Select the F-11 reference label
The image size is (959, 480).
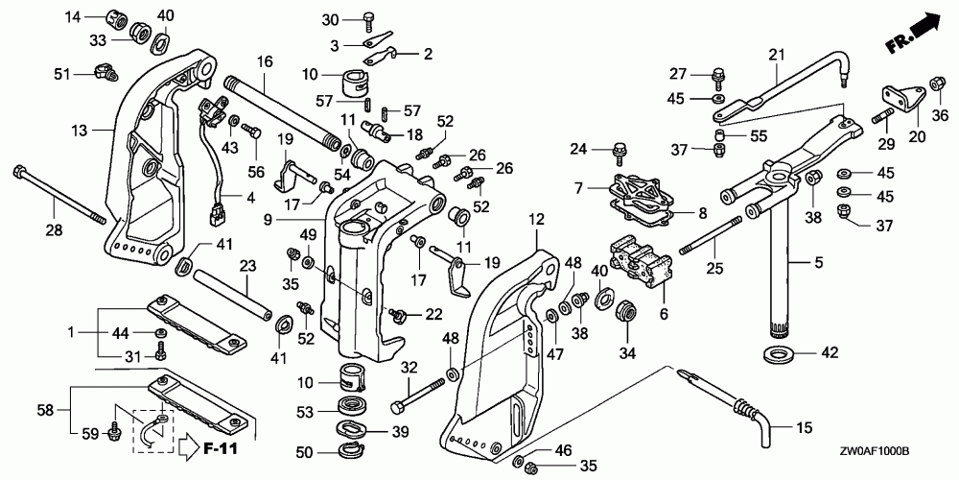(x=220, y=448)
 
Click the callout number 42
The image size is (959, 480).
(x=830, y=352)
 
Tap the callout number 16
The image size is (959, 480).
(x=265, y=61)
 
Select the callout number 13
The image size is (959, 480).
(x=80, y=130)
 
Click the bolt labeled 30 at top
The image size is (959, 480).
(x=370, y=20)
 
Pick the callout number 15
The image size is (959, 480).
(x=804, y=428)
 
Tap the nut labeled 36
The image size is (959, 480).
(x=935, y=83)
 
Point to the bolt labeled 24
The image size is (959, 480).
(x=617, y=152)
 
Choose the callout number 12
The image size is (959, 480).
(x=536, y=219)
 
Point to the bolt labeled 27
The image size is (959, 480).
(x=717, y=77)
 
